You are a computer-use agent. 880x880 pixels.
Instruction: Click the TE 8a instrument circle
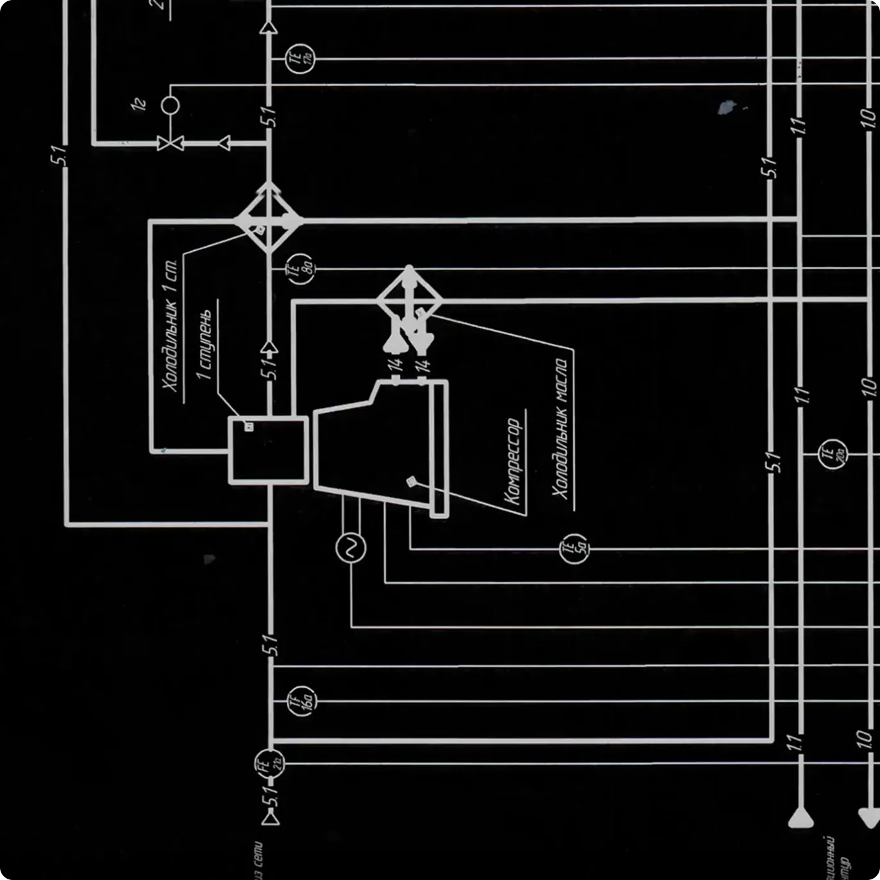pyautogui.click(x=300, y=268)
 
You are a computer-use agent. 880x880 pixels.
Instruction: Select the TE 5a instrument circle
pyautogui.click(x=573, y=549)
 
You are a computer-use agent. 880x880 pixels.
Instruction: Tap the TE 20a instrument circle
pyautogui.click(x=833, y=454)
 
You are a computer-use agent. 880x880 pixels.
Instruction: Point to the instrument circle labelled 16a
pyautogui.click(x=301, y=701)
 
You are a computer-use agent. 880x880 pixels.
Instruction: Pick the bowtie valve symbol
pyautogui.click(x=170, y=143)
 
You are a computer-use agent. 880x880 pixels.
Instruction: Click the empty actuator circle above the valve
pyautogui.click(x=170, y=105)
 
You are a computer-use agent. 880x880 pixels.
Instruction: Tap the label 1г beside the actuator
pyautogui.click(x=139, y=104)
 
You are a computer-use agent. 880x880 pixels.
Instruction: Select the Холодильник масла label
pyautogui.click(x=561, y=428)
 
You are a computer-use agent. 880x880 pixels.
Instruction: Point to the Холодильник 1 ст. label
pyautogui.click(x=170, y=325)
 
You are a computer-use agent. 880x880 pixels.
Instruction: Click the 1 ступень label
pyautogui.click(x=205, y=345)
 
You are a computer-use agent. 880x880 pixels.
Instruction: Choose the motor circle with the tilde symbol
pyautogui.click(x=351, y=548)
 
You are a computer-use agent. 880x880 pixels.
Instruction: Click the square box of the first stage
pyautogui.click(x=269, y=450)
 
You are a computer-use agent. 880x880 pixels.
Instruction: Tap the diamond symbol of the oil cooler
pyautogui.click(x=409, y=300)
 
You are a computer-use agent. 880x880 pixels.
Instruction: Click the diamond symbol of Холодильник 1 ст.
pyautogui.click(x=269, y=220)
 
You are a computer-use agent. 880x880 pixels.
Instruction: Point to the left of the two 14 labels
pyautogui.click(x=395, y=365)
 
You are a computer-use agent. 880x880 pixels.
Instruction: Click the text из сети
pyautogui.click(x=257, y=859)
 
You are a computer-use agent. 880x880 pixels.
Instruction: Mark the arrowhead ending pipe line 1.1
pyautogui.click(x=800, y=818)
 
